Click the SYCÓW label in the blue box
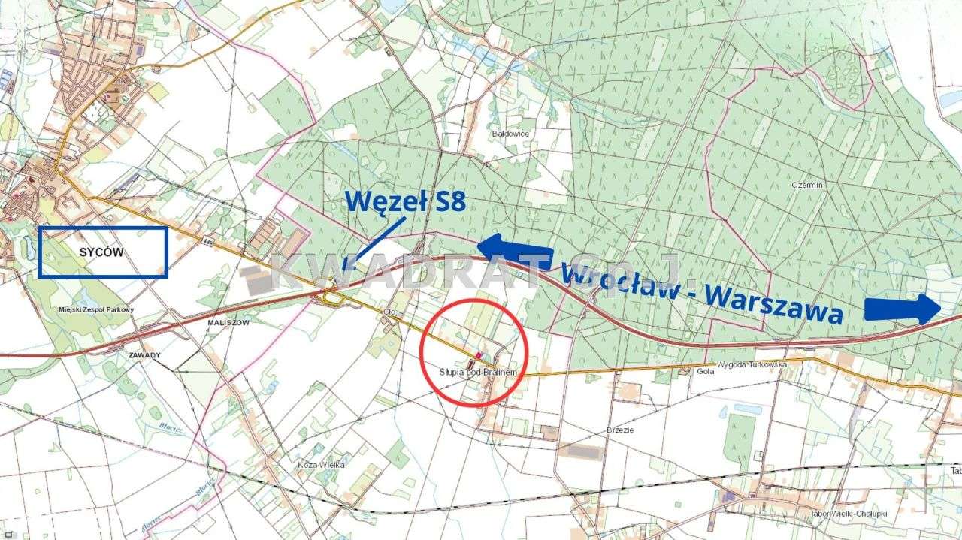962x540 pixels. point(101,252)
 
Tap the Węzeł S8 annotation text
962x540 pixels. point(405,201)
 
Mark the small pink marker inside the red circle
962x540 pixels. point(478,354)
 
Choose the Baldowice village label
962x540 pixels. point(510,134)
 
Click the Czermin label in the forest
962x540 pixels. point(808,184)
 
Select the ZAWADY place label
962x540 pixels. point(145,354)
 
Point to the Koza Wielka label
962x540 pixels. point(321,464)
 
